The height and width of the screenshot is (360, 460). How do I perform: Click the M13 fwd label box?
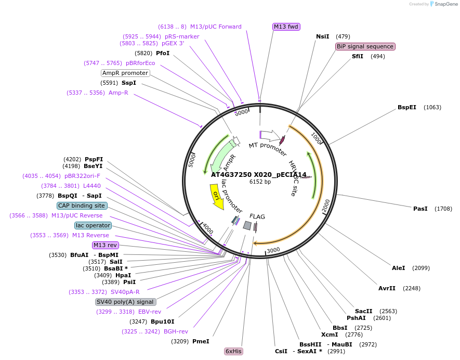click(x=286, y=27)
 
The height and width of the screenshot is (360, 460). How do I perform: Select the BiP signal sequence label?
click(x=365, y=46)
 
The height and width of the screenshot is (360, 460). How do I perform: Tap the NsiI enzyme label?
click(x=323, y=36)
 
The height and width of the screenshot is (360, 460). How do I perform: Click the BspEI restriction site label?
click(x=407, y=107)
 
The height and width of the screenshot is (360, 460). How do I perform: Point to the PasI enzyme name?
click(x=420, y=209)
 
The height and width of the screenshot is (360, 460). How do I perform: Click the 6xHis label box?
click(x=233, y=351)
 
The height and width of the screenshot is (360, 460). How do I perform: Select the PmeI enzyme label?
click(x=201, y=341)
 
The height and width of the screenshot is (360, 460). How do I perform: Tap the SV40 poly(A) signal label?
click(x=125, y=302)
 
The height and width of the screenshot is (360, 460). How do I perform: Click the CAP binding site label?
click(x=82, y=205)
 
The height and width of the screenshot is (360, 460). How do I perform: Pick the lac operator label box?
click(x=93, y=225)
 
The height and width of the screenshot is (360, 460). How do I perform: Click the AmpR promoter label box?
click(x=125, y=73)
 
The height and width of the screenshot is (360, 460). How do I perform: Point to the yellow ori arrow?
click(x=217, y=198)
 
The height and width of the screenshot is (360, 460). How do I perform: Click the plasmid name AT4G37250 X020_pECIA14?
click(x=259, y=175)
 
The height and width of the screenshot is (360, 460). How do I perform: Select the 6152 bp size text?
click(x=260, y=182)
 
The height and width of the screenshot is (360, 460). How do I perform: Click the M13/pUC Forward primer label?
click(x=216, y=27)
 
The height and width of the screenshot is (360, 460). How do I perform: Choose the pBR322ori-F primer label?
click(x=82, y=176)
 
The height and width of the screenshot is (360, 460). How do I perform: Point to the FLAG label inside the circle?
click(x=257, y=216)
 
